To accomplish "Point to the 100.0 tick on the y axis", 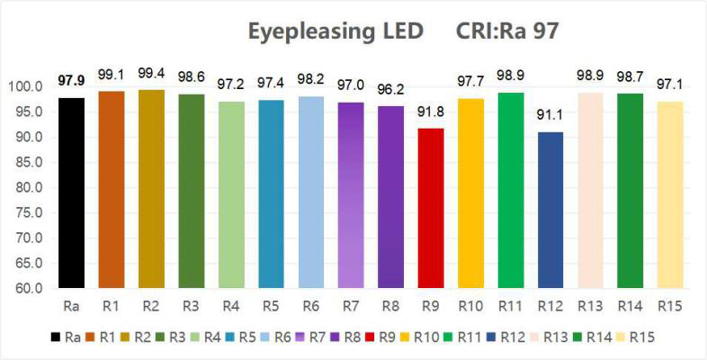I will [25, 86].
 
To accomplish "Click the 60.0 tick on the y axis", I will [27, 289].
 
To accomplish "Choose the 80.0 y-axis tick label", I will [27, 188].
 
